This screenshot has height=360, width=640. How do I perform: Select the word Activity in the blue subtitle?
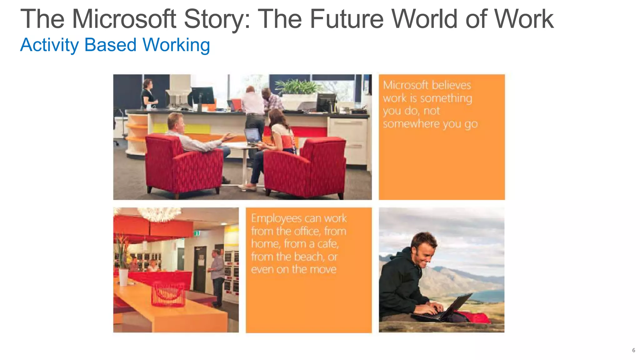[49, 45]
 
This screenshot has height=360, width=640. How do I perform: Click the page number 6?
[633, 350]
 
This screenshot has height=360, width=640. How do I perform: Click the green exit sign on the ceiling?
[197, 233]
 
